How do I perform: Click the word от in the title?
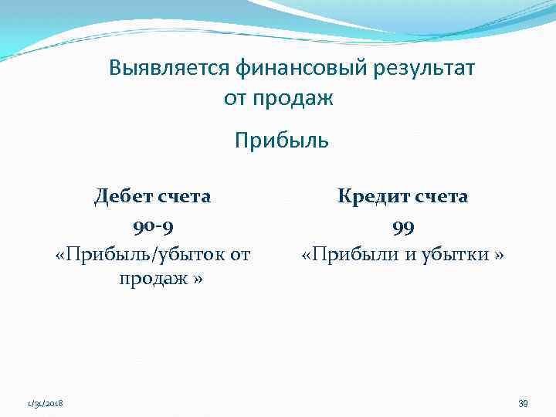235,99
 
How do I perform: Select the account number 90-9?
152,225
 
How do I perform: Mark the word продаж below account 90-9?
152,279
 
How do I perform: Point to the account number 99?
402,225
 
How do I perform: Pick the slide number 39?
523,403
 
